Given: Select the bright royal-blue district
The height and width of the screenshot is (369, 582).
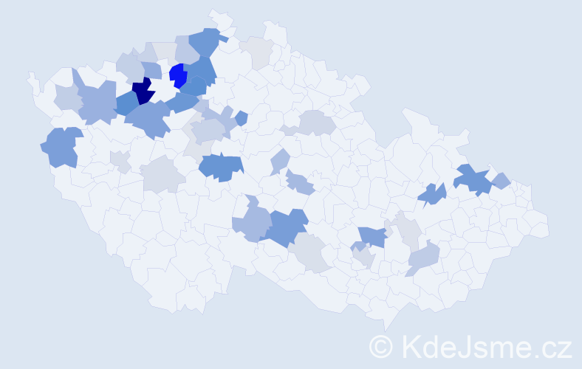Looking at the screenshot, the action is point(178,76).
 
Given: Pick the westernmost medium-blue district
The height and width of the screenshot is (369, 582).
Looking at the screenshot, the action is point(62,146).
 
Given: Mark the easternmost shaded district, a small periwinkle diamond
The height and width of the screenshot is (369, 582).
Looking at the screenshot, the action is point(500,180).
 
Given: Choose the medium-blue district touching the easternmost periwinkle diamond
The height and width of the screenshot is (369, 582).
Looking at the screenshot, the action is point(473,179).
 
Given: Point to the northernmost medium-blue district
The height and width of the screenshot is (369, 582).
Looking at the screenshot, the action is point(206,41).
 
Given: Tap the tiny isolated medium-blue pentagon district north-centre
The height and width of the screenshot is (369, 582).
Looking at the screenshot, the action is point(242,117).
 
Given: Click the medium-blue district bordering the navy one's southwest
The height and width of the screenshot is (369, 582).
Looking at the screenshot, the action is point(126,103).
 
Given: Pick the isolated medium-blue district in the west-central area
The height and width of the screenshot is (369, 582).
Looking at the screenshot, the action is point(221,167).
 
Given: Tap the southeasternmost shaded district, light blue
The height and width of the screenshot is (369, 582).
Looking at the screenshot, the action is point(423,258).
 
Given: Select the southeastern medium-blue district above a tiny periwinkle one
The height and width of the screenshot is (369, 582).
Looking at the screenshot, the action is point(373,236).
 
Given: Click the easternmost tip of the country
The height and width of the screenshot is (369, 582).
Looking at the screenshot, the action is point(549,224).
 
